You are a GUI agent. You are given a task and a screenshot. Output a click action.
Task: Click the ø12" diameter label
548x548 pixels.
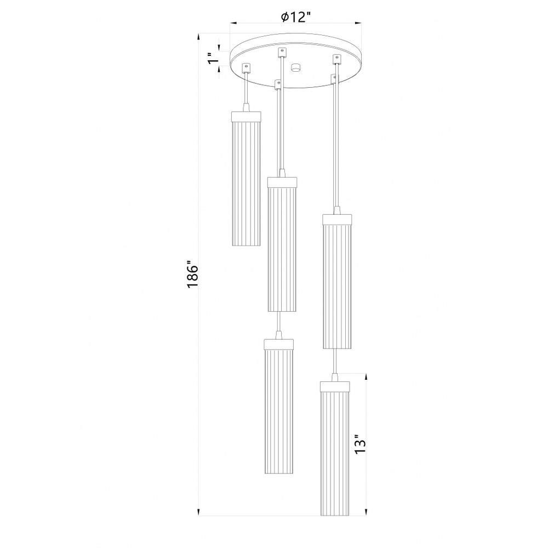click(296, 16)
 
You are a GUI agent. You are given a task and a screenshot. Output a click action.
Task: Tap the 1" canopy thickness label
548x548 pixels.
click(211, 59)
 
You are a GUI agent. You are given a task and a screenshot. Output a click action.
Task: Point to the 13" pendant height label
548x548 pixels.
click(360, 444)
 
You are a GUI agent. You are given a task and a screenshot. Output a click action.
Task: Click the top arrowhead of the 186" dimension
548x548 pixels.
click(198, 37)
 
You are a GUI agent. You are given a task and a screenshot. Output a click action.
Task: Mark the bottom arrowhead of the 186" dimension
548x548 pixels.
click(198, 512)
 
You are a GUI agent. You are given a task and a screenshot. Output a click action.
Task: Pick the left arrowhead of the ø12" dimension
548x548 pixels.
click(233, 23)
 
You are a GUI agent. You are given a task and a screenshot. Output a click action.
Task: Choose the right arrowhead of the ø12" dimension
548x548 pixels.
click(357, 23)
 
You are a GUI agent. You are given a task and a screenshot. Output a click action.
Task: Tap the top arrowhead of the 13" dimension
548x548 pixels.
click(366, 376)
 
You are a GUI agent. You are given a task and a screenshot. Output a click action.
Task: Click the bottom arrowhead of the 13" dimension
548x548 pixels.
click(366, 512)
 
